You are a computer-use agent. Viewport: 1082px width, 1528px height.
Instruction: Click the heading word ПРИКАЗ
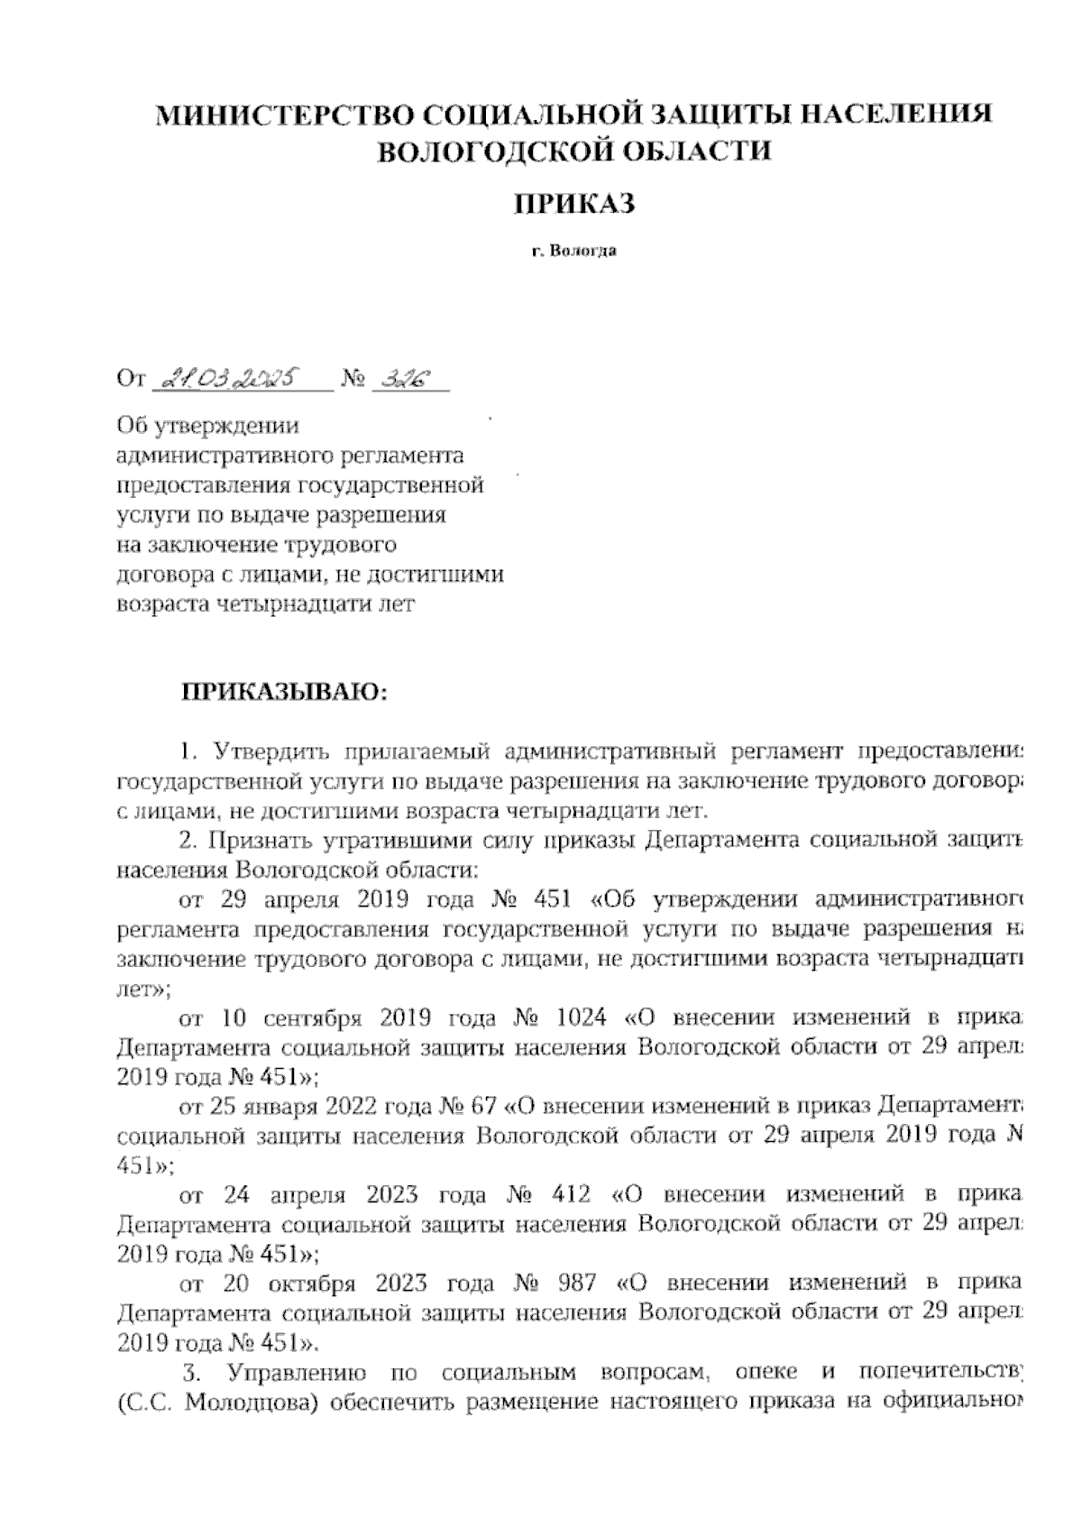[x=575, y=204]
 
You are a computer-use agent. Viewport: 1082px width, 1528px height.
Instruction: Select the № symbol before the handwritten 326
[x=353, y=379]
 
